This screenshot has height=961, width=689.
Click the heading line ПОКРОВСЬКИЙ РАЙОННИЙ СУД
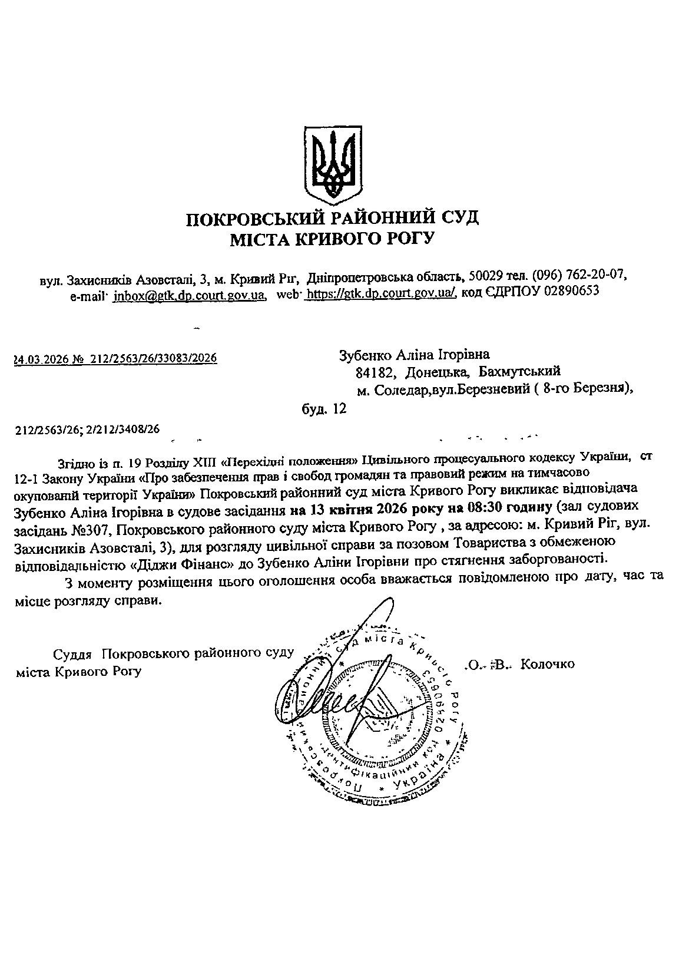click(x=333, y=218)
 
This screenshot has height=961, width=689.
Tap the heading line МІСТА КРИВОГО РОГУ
click(x=333, y=239)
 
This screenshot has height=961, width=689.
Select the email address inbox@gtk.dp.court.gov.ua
click(x=188, y=295)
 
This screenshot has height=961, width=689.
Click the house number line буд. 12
click(x=323, y=408)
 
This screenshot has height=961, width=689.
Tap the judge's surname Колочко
click(x=548, y=664)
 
